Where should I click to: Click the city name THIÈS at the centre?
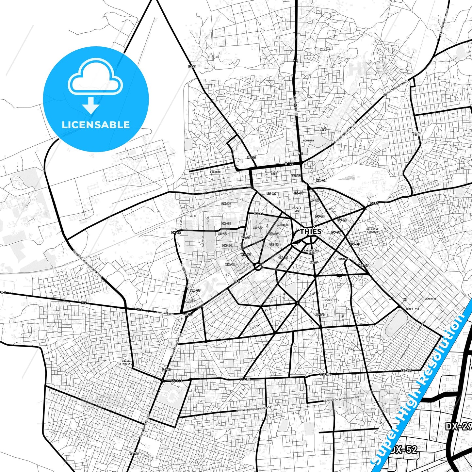pyautogui.click(x=310, y=231)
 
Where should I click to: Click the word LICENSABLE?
pyautogui.click(x=96, y=124)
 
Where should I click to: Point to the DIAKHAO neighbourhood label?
pyautogui.click(x=215, y=172)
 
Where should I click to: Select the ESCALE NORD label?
pyautogui.click(x=274, y=173)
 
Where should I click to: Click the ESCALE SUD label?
pyautogui.click(x=297, y=209)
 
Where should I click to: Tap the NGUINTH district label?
pyautogui.click(x=308, y=141)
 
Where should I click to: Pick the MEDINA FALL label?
pyautogui.click(x=416, y=134)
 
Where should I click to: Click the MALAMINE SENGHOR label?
pyautogui.click(x=372, y=231)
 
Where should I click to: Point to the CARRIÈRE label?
pyautogui.click(x=283, y=225)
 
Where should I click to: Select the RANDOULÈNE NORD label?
pyautogui.click(x=311, y=252)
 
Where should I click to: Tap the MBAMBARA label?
pyautogui.click(x=344, y=259)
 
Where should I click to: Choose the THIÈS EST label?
pyautogui.click(x=412, y=309)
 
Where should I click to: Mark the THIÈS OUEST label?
pyautogui.click(x=191, y=301)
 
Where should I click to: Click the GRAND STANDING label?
pyautogui.click(x=126, y=363)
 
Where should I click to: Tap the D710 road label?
pyautogui.click(x=374, y=203)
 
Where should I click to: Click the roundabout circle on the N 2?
pyautogui.click(x=258, y=267)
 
